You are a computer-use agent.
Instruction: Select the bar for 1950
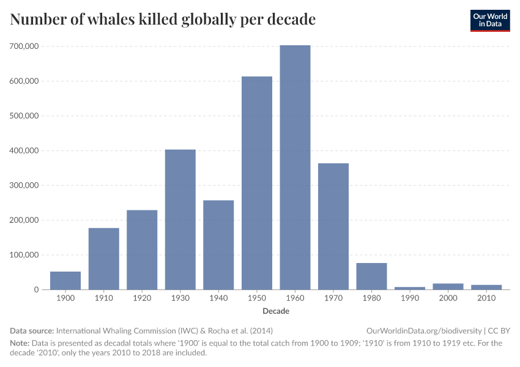point(257,183)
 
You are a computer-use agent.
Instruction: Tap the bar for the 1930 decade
point(180,220)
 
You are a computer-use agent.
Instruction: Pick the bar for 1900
point(65,281)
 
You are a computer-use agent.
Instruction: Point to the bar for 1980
point(371,276)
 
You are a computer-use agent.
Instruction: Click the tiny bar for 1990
point(410,287)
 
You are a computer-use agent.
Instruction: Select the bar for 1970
point(333,226)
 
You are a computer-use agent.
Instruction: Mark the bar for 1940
point(218,245)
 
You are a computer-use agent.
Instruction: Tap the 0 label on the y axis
point(36,290)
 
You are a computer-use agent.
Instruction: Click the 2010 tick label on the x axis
point(486,299)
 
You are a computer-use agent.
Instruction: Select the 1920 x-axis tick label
point(142,299)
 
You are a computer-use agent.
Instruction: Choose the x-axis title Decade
point(276,311)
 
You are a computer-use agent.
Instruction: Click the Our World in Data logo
point(489,20)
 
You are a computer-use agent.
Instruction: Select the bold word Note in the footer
point(20,343)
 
